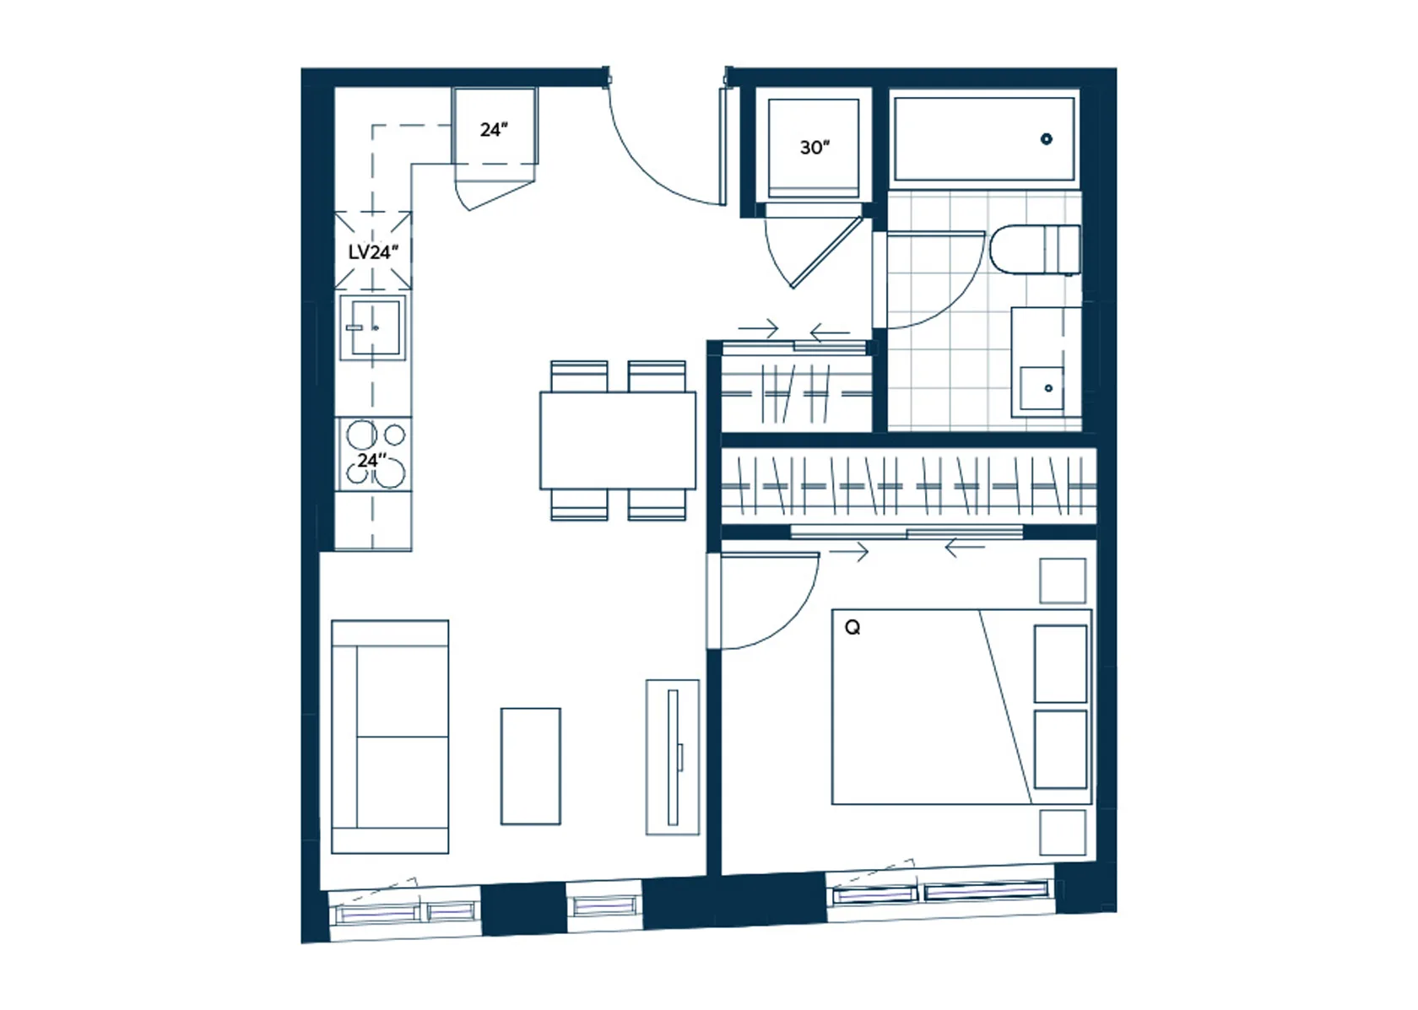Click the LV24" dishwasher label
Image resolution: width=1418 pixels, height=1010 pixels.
tap(373, 252)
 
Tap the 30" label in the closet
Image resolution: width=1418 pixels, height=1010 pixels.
tap(815, 148)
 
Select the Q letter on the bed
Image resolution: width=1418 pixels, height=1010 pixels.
tap(852, 628)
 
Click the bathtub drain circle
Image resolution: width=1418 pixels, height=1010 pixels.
tap(1047, 139)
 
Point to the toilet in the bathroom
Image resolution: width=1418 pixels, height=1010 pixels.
tap(1036, 250)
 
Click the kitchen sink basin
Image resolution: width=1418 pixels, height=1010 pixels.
tap(373, 327)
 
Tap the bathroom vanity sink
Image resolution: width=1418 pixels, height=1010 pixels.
tap(1042, 388)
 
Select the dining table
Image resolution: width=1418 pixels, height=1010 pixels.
tap(618, 440)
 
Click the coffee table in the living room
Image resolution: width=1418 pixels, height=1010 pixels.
tap(530, 766)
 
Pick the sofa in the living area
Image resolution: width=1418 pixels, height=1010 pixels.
tap(390, 737)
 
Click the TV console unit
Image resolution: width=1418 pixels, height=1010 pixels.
tap(672, 758)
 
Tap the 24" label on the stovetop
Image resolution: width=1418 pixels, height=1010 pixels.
tap(372, 461)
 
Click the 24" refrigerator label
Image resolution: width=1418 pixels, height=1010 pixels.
tap(495, 130)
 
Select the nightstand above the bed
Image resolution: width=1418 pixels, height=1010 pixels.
tap(1063, 581)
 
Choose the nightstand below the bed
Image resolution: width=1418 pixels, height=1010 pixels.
tap(1063, 833)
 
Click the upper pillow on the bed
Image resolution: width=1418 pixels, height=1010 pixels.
tap(1060, 664)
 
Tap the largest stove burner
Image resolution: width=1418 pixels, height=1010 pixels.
tap(390, 473)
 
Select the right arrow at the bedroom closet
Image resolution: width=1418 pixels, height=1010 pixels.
tap(849, 553)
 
